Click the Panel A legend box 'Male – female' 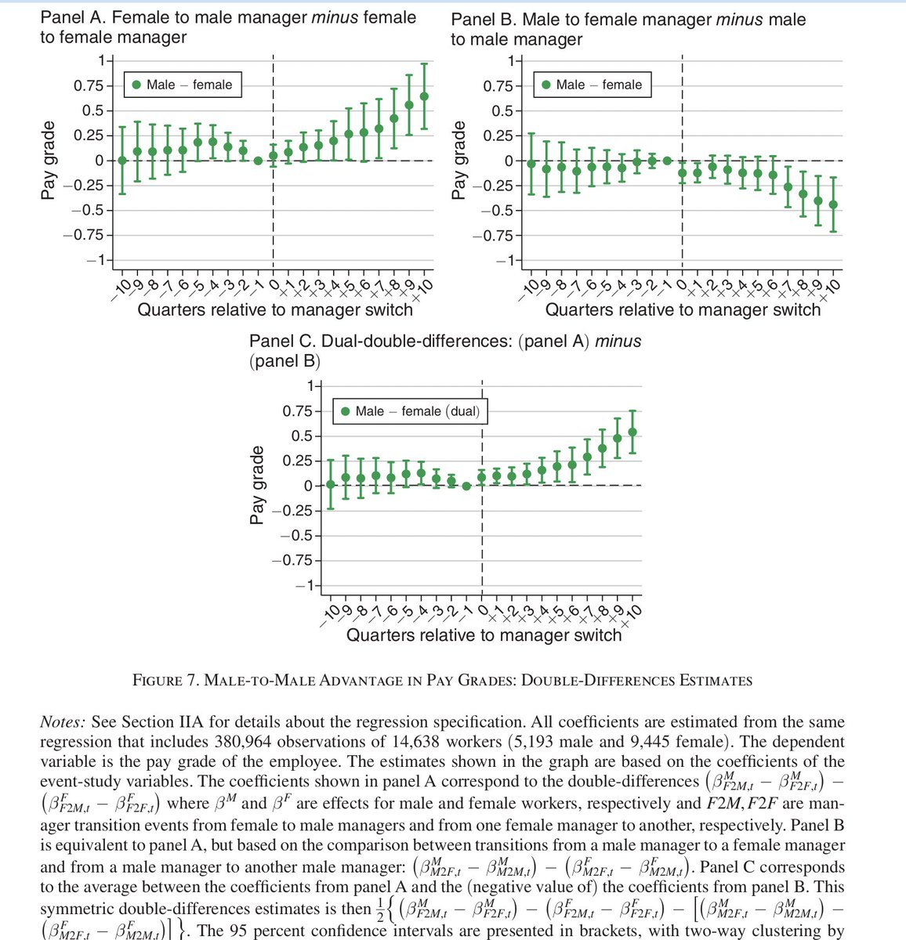pos(182,85)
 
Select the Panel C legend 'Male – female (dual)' pos(408,411)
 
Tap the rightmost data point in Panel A pos(424,96)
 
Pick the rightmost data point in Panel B pos(832,204)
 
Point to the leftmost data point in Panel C pos(331,484)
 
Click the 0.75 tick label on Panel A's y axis pos(89,86)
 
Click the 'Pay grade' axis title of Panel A pos(49,160)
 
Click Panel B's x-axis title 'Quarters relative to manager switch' pos(683,309)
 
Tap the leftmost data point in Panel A pos(121,160)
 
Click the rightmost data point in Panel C pos(632,432)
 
